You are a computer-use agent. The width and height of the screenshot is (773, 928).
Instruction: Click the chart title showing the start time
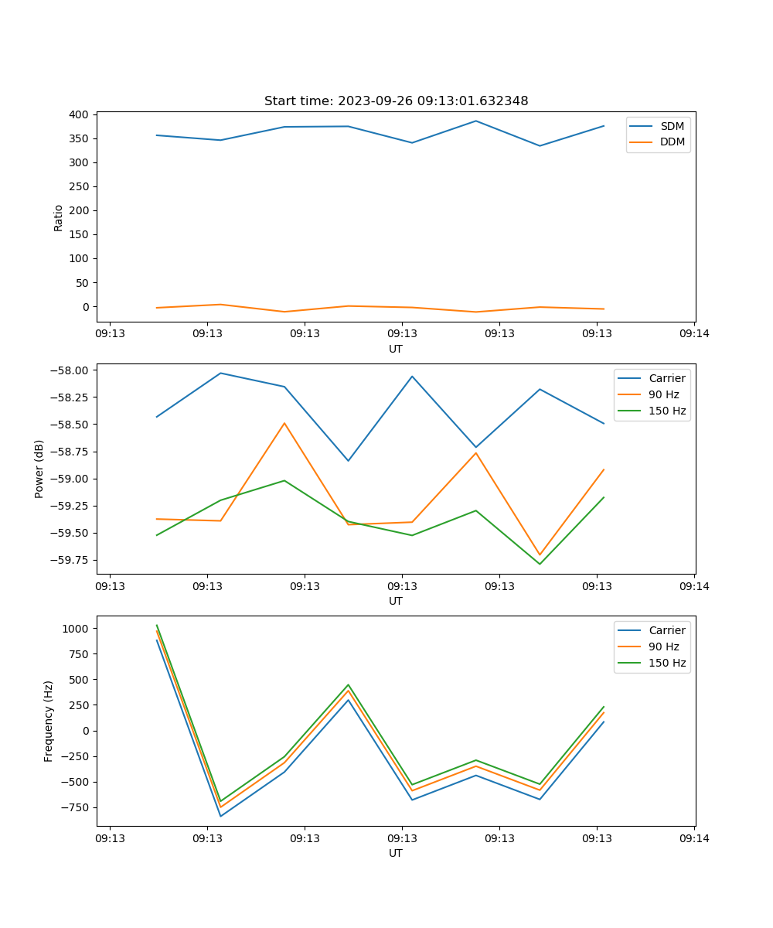pyautogui.click(x=396, y=101)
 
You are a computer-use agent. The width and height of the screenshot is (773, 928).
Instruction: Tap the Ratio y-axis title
pyautogui.click(x=59, y=217)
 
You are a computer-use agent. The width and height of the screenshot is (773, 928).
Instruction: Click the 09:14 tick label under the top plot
pyautogui.click(x=694, y=334)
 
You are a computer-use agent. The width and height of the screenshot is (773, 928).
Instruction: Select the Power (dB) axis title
pyautogui.click(x=39, y=469)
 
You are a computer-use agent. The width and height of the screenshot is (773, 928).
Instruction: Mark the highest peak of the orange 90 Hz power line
pyautogui.click(x=284, y=423)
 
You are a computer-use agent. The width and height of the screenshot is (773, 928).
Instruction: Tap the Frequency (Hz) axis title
pyautogui.click(x=49, y=721)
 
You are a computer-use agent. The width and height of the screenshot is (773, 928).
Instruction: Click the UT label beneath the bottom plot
pyautogui.click(x=396, y=853)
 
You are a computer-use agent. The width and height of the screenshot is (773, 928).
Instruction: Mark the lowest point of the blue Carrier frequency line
pyautogui.click(x=220, y=816)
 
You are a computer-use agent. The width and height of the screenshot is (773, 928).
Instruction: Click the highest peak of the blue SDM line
pyautogui.click(x=475, y=121)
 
